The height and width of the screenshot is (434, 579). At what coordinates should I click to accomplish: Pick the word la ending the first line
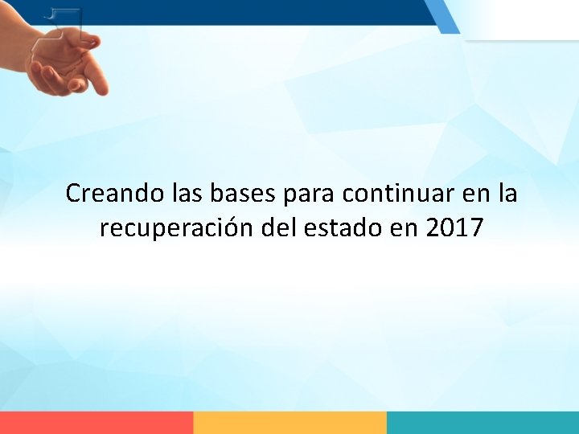[x=507, y=194]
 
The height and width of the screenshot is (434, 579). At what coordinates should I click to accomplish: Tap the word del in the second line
[x=280, y=228]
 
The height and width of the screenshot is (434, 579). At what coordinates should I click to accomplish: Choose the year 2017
[x=454, y=228]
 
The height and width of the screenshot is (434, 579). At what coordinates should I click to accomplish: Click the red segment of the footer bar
[x=96, y=423]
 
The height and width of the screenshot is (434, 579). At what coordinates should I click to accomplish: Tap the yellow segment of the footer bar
[x=289, y=423]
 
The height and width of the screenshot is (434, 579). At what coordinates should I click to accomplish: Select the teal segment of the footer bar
[x=482, y=423]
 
